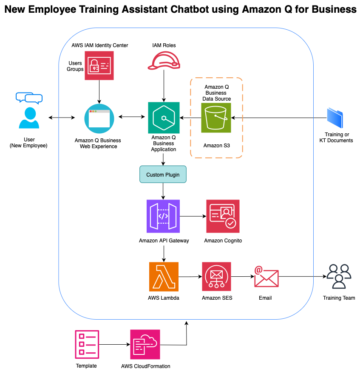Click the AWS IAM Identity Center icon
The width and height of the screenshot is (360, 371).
point(99,65)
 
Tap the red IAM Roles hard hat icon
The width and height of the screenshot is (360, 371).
point(164,60)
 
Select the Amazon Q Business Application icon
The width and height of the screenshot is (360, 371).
point(164,118)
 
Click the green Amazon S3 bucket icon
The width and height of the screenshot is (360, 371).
point(216,118)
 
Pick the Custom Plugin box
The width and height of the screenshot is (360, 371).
point(163,174)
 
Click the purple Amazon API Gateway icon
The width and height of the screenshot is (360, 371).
point(163,216)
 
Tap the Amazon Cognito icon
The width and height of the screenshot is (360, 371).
point(223,216)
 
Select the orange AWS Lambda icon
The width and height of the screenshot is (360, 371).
point(164,276)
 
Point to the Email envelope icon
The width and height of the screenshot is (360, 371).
point(266,276)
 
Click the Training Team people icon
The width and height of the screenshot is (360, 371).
point(339,276)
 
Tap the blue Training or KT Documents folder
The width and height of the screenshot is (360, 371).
point(335,118)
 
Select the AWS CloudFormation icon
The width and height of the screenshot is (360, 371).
point(145,344)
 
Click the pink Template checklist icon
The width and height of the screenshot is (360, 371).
point(86,344)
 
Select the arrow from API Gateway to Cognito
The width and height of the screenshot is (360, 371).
point(193,216)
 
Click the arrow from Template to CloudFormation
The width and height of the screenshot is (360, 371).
point(115,344)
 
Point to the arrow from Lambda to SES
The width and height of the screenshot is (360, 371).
point(190,277)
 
